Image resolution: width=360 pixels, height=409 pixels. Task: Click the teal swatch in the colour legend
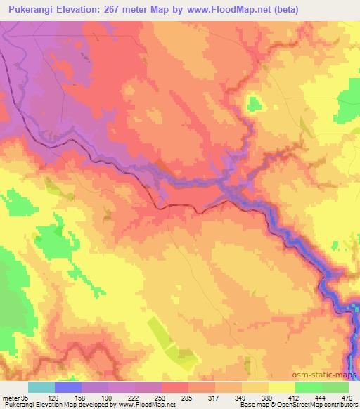(x=41, y=387)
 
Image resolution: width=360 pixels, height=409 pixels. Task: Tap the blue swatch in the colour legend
(x=68, y=387)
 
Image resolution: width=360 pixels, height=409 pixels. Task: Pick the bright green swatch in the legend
(x=309, y=387)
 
